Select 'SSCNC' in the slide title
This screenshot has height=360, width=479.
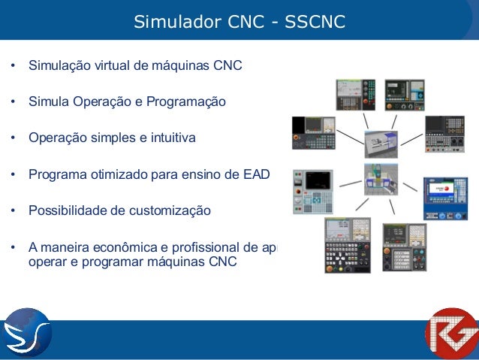coord(315,22)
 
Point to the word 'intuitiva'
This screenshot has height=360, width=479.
coord(170,138)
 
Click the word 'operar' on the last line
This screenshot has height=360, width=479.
coord(47,262)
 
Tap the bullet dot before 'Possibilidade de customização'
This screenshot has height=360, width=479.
coord(13,211)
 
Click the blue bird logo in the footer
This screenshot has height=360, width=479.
coord(26,332)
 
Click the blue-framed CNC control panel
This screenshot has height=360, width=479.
coord(445,199)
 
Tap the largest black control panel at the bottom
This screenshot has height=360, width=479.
coord(347,248)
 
